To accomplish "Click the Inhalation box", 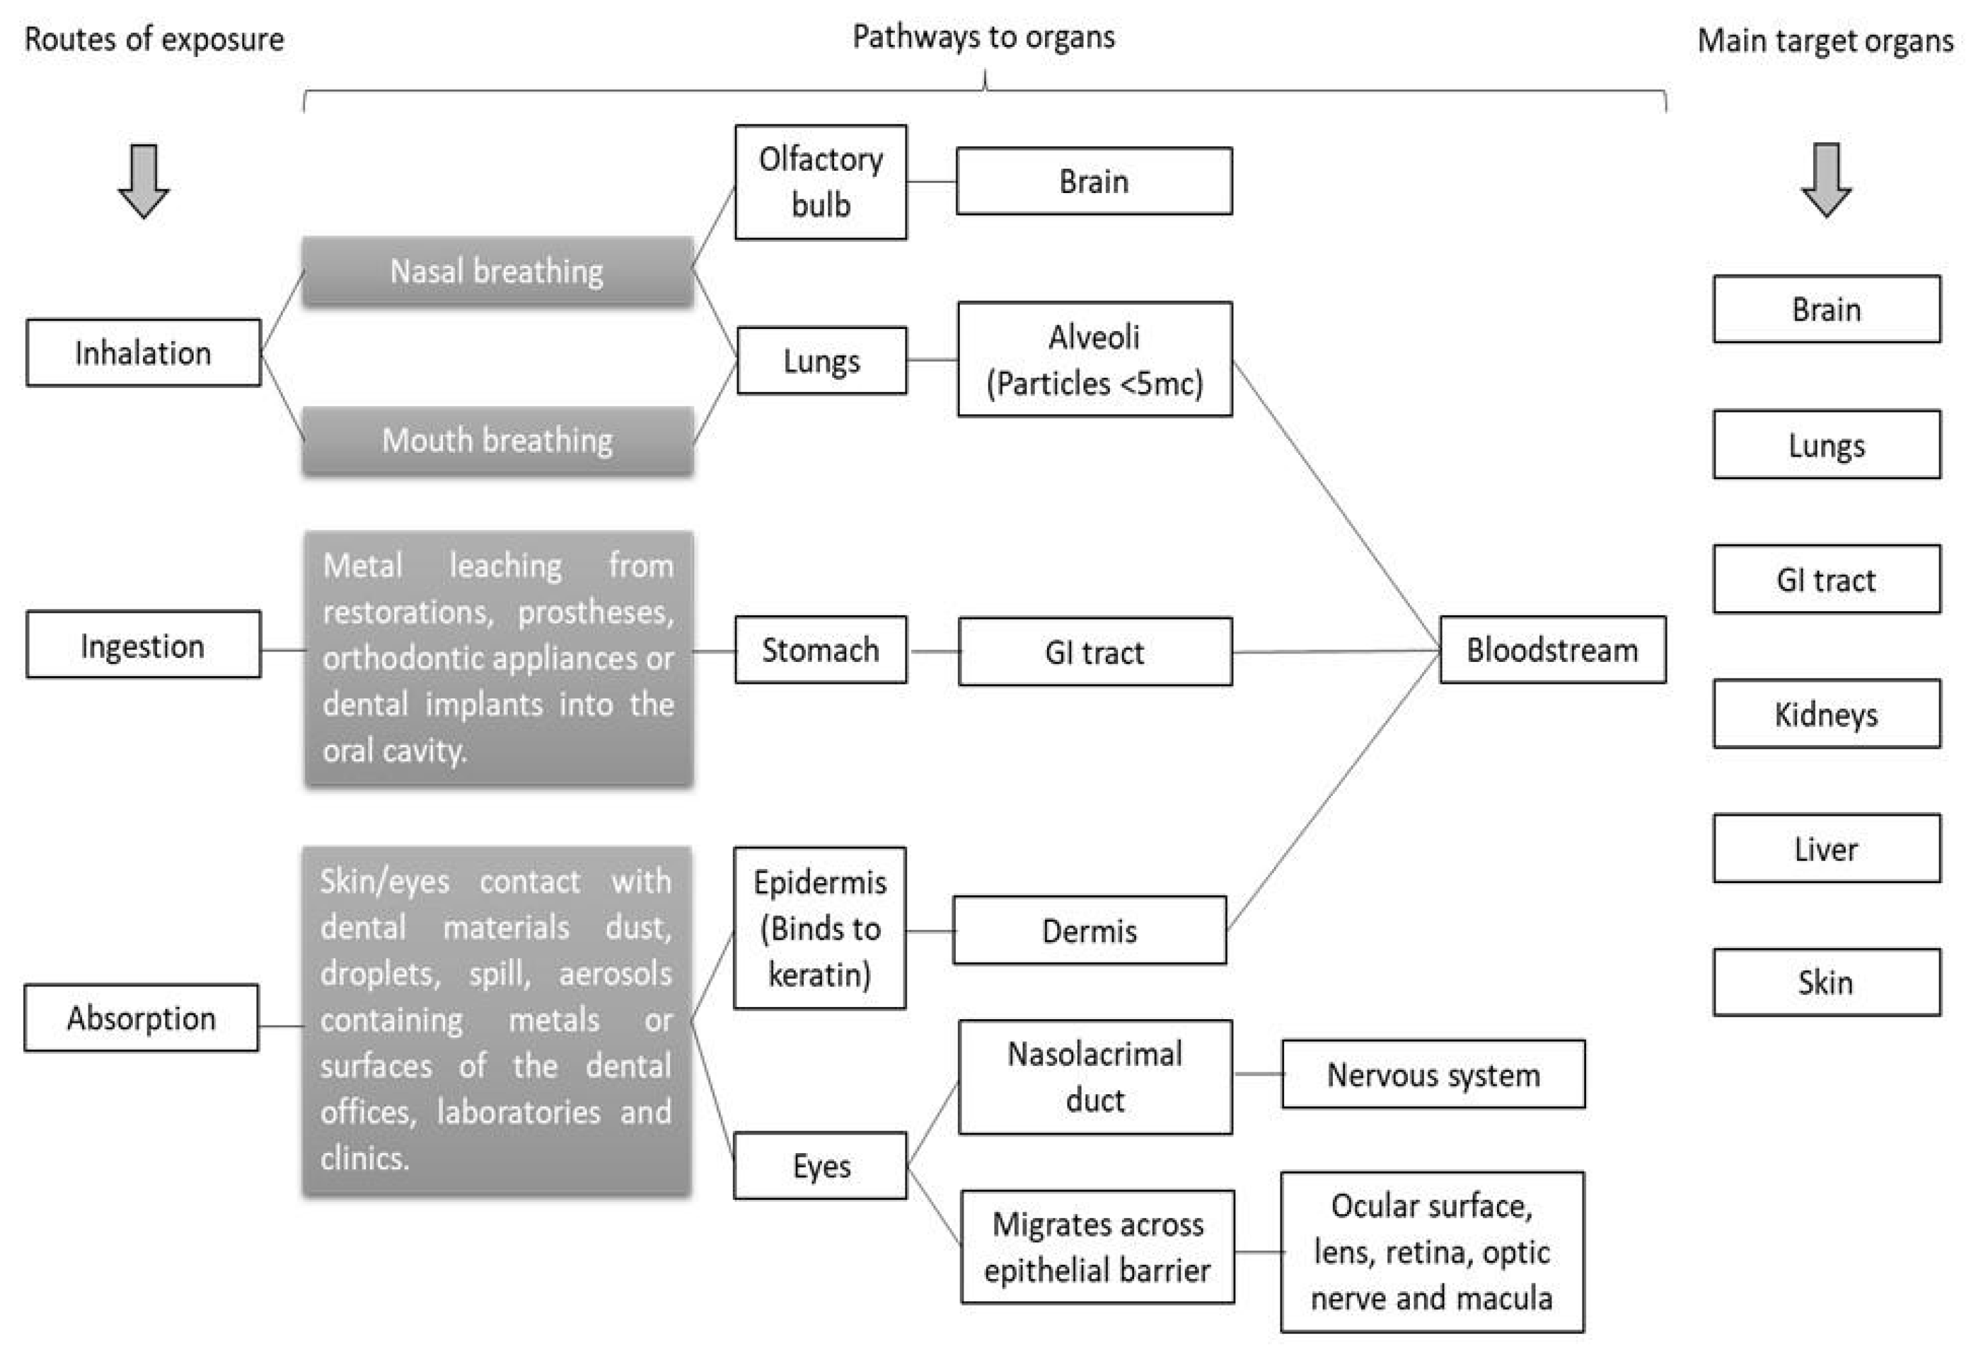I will tap(143, 353).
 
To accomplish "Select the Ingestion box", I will tap(143, 645).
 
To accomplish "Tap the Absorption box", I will tap(141, 1017).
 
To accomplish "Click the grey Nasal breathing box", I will tap(497, 271).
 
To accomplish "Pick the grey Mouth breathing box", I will tap(497, 440).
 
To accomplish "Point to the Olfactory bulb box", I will tap(820, 182).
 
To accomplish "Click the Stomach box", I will tap(820, 650).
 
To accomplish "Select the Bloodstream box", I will tap(1552, 650).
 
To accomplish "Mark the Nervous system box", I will tap(1433, 1074).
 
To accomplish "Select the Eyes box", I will tap(820, 1166).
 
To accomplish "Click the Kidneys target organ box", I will tap(1826, 714).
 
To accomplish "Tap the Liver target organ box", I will tap(1826, 848).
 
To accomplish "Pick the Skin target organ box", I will tap(1826, 983).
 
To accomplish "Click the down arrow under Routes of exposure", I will tap(143, 180).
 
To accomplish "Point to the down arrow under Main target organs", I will tap(1826, 180).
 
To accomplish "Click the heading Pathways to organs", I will tap(983, 37).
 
